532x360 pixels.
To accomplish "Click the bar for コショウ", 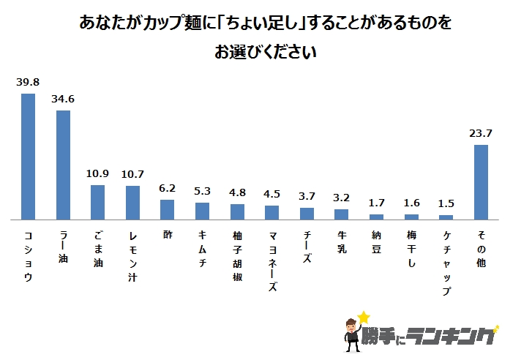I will click(29, 156).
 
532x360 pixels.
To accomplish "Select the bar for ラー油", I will click(63, 165).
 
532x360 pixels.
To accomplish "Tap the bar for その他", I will click(482, 181).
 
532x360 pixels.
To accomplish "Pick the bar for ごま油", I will click(98, 202).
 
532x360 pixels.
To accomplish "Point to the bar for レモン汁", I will click(132, 203).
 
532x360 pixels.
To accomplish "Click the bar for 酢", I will click(168, 209).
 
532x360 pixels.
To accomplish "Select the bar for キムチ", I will click(203, 211).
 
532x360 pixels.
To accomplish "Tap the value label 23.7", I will click(482, 133).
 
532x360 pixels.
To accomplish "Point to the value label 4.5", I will click(272, 195).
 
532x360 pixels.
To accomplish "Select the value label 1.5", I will click(446, 203).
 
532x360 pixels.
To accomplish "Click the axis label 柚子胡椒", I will click(238, 252).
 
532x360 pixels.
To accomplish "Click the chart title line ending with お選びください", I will click(266, 53).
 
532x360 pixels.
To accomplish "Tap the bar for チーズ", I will click(307, 213).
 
